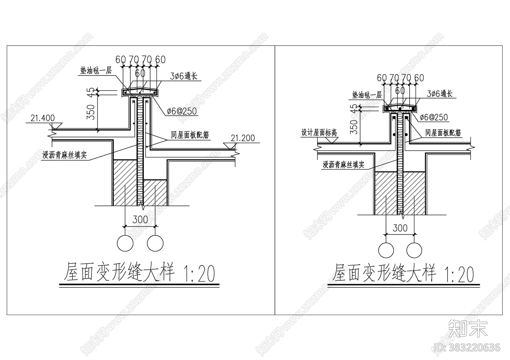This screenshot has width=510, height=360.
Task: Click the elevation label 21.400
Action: click(x=42, y=118)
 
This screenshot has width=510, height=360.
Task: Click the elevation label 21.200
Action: click(x=243, y=138)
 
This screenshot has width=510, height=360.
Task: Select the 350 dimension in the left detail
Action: click(x=91, y=112)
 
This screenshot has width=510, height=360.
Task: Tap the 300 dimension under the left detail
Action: click(x=140, y=220)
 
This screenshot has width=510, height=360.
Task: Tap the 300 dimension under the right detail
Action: click(x=400, y=228)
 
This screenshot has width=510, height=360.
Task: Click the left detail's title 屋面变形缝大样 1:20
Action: click(x=140, y=273)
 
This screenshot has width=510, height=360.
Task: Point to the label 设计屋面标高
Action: click(x=319, y=133)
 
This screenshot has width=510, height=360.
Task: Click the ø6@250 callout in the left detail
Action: click(x=182, y=111)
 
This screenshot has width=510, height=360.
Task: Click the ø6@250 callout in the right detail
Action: click(x=434, y=118)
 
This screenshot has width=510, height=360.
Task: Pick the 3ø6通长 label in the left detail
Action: click(x=184, y=76)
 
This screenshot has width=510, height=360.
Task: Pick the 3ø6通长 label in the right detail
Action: click(x=440, y=94)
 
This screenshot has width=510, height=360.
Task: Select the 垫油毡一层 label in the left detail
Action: click(x=96, y=71)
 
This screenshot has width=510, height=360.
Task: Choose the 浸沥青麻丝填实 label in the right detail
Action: click(x=343, y=165)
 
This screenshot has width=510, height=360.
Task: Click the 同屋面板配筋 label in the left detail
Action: click(x=190, y=135)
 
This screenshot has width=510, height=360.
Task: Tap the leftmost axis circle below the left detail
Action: click(x=125, y=243)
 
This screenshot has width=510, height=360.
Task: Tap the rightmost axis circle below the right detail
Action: click(x=414, y=250)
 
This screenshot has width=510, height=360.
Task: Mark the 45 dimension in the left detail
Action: click(x=91, y=92)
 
